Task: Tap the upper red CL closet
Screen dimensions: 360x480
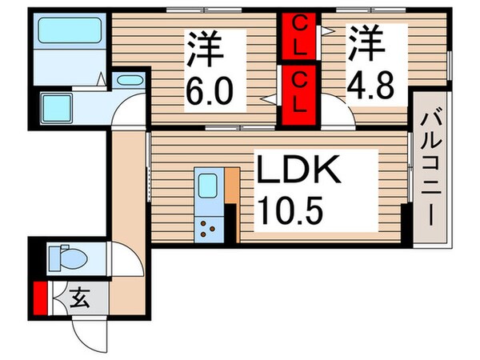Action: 298,38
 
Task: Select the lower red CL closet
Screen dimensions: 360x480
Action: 298,94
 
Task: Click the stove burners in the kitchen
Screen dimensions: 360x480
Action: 210,227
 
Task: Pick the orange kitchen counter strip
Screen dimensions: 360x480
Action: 232,190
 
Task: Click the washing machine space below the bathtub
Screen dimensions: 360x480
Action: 60,106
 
